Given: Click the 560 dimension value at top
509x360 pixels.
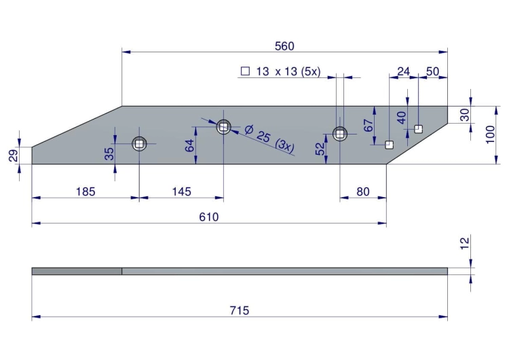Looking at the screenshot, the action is click(x=284, y=46).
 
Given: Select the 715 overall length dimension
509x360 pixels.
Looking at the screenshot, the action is click(x=240, y=310).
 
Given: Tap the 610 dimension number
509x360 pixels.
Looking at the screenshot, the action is click(x=209, y=217).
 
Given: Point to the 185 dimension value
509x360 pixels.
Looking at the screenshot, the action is click(x=86, y=192).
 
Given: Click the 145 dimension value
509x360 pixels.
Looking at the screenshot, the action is click(x=181, y=192).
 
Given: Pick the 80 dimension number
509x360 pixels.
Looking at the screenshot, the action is click(x=363, y=192).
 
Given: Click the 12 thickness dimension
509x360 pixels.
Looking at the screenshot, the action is click(x=465, y=243).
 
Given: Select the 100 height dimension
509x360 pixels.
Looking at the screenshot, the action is click(x=490, y=134).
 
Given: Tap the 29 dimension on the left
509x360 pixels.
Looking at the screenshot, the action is click(x=14, y=156).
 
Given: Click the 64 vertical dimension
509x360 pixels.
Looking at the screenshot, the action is click(x=190, y=145).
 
